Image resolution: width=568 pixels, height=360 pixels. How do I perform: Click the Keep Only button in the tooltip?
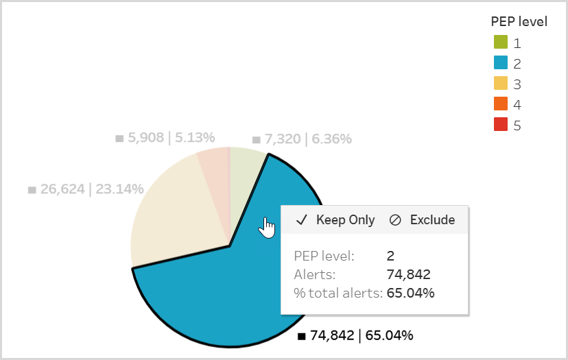click(x=335, y=220)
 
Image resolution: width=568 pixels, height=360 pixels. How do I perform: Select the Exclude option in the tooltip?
click(x=422, y=220)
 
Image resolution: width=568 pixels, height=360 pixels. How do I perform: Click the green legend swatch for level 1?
click(x=500, y=43)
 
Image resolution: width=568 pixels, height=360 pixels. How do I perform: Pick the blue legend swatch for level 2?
click(x=500, y=63)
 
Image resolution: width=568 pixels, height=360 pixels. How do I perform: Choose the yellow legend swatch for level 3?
click(x=500, y=84)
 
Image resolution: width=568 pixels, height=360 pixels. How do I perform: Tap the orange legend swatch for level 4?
click(x=500, y=104)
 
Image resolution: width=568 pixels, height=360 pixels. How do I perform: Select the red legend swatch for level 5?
click(x=500, y=125)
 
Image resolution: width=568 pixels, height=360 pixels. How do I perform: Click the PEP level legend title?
click(x=519, y=21)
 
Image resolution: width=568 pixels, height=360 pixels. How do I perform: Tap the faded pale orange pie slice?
click(x=214, y=165)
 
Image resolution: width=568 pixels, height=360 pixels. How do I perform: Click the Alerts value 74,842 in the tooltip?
click(x=408, y=275)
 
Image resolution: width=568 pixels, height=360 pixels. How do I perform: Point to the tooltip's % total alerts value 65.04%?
click(x=410, y=293)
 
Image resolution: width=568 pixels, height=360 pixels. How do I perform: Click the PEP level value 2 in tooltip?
click(x=390, y=256)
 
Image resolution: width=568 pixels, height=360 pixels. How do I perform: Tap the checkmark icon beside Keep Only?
click(x=301, y=220)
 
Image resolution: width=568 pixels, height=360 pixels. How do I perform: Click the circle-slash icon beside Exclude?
click(x=395, y=220)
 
